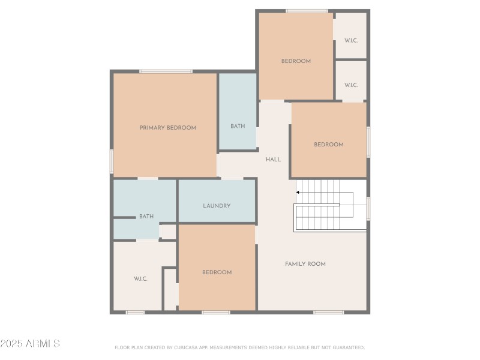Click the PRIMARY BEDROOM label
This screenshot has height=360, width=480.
pos(168,128)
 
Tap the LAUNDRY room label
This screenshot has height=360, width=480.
pos(217,206)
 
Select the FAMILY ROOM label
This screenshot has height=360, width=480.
pos(305,264)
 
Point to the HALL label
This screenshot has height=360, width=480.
pos(273,160)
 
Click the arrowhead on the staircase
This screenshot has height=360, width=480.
pos(298,193)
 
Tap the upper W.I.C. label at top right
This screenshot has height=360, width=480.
pos(351,41)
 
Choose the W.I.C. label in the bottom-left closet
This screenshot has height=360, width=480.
pos(140,279)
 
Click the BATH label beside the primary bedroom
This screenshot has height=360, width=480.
pos(238,126)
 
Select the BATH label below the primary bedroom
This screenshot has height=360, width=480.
pos(146,217)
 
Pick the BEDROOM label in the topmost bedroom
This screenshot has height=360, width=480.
pos(296,61)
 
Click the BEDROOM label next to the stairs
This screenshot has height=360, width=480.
pos(329,145)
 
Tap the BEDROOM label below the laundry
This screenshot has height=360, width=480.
pos(217,272)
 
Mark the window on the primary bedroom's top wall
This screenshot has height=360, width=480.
pos(166,71)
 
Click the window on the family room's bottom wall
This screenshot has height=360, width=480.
pos(328,312)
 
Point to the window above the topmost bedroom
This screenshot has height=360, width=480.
pos(307,11)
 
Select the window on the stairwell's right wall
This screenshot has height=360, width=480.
pos(368,208)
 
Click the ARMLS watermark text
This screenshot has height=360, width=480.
pos(30,344)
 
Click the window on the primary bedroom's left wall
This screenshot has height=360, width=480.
pos(112,161)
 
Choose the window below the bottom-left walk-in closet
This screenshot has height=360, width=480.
pos(135,312)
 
